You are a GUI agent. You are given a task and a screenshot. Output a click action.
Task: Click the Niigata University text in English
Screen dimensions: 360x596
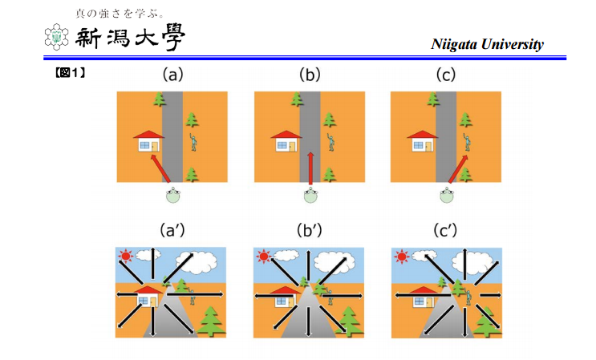(x=487, y=44)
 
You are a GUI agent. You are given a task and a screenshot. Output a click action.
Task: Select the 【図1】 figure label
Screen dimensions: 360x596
(x=70, y=73)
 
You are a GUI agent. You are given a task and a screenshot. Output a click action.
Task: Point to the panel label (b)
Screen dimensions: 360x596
(x=309, y=75)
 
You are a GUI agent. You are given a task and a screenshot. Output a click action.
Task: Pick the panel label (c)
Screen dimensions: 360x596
(x=445, y=75)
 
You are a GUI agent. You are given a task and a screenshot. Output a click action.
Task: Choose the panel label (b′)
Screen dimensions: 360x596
(x=310, y=232)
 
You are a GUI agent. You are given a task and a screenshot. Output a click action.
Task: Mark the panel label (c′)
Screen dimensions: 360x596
(x=446, y=232)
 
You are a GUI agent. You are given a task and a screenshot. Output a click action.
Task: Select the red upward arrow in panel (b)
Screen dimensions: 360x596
(x=310, y=168)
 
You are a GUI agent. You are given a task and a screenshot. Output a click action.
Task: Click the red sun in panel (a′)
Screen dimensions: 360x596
(x=125, y=257)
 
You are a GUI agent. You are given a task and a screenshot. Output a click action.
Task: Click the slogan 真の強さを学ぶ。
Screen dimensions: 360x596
(x=120, y=14)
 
